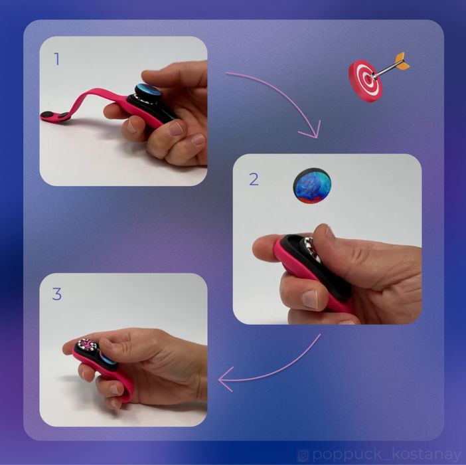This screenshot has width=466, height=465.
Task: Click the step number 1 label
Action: coord(57,59)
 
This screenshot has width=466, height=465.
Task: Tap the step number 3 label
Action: coord(57,294)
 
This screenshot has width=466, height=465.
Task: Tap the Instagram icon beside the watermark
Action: coord(303,455)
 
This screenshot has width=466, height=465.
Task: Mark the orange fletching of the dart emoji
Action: coord(401,61)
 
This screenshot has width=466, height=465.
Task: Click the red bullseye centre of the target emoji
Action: coord(364,80)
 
